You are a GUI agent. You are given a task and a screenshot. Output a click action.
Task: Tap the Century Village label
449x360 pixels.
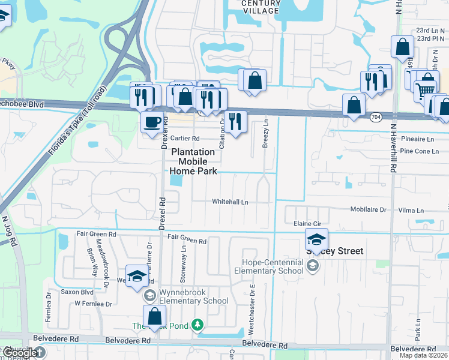(x=261, y=7)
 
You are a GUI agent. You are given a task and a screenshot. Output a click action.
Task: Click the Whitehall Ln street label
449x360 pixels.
(x=230, y=202)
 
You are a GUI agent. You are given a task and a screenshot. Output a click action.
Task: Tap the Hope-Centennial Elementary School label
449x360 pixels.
(x=273, y=266)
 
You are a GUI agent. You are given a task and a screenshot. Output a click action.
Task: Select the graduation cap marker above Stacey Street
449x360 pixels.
(x=316, y=239)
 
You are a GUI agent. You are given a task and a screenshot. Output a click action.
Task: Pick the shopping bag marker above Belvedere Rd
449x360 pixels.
(x=155, y=316)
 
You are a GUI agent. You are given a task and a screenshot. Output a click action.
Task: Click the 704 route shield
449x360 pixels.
(x=376, y=116)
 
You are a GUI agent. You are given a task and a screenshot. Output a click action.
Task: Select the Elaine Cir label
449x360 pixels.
(x=305, y=223)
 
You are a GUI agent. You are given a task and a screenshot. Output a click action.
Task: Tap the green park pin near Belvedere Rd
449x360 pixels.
(x=196, y=326)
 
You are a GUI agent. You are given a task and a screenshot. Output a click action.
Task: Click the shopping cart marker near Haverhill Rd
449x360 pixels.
(x=424, y=91)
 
